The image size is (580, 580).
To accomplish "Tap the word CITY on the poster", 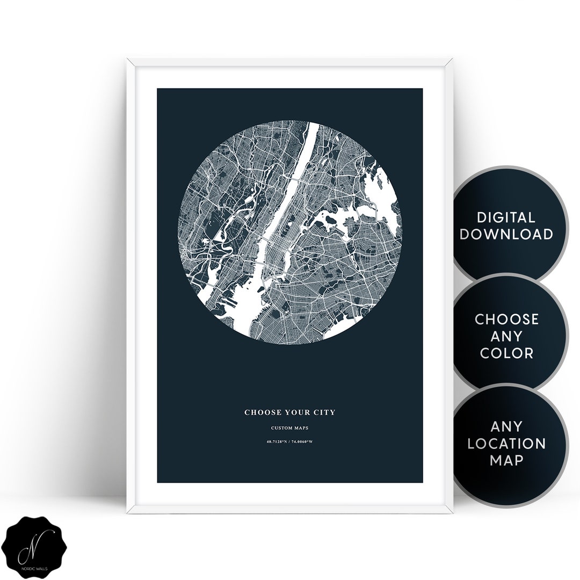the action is (324, 412).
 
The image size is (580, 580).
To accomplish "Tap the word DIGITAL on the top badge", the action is (505, 218).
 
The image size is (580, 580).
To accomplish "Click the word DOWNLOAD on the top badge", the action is (506, 234).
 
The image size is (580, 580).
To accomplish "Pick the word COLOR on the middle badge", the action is (506, 353).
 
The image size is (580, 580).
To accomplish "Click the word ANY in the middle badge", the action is (506, 336).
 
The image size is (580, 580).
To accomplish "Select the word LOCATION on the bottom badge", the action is (506, 444).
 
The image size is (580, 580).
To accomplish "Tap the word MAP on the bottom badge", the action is (506, 460).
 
